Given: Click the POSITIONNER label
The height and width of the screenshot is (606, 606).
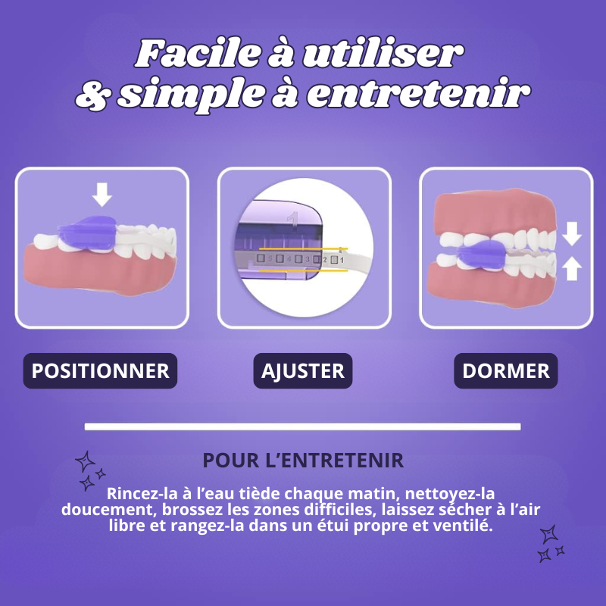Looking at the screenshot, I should [x=100, y=371].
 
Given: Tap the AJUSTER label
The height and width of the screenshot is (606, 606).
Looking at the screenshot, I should [x=303, y=371].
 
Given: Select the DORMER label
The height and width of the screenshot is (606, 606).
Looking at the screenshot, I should [x=506, y=371].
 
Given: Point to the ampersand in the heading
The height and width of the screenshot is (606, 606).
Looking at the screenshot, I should [x=93, y=95].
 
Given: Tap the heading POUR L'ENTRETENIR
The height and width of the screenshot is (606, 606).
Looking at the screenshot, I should [x=303, y=461].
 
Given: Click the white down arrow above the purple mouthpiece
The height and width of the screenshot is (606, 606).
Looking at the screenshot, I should [x=102, y=195].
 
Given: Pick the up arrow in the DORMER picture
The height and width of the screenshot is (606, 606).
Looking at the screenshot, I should [x=573, y=267].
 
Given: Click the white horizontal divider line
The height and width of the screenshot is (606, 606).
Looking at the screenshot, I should [x=303, y=426].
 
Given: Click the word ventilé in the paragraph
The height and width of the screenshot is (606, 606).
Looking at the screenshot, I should [x=464, y=526].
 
